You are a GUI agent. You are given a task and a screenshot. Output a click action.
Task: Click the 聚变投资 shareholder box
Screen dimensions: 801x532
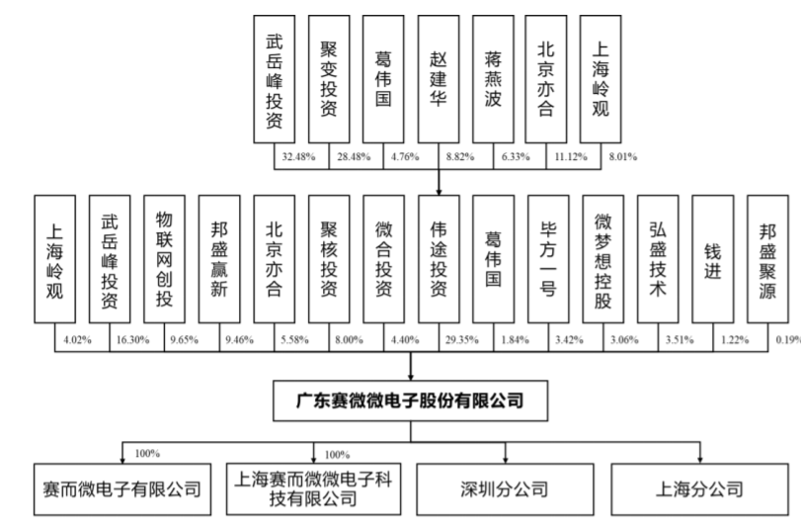329,79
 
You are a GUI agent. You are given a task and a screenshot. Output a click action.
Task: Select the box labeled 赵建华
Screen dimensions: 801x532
439,79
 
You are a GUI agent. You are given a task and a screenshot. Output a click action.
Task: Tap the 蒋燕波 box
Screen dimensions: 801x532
493,79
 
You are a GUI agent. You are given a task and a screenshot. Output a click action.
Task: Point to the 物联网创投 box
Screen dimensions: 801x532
164,259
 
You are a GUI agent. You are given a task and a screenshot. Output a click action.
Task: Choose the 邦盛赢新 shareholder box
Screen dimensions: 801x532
219,259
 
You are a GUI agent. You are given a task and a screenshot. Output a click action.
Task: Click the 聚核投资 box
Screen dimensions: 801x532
329,259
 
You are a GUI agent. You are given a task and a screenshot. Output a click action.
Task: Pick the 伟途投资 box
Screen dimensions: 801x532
439,259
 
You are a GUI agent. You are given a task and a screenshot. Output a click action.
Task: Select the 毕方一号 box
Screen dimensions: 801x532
548,259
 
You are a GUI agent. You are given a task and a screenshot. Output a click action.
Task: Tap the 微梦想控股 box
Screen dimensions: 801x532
602,259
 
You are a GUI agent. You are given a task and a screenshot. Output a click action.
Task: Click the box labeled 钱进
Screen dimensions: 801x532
713,259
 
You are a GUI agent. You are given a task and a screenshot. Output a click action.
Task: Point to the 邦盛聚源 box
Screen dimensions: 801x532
767,259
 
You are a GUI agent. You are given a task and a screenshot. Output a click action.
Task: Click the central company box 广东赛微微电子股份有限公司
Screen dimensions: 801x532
410,400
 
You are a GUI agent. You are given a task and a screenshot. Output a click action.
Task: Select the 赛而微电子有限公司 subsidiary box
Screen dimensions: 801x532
122,489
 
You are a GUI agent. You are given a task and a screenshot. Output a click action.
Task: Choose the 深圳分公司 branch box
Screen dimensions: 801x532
505,489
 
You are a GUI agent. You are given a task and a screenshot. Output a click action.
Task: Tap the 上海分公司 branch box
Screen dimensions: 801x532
699,489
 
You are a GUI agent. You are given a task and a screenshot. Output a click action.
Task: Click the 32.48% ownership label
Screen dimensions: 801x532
298,156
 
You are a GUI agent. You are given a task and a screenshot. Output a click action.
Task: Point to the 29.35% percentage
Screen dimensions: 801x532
462,339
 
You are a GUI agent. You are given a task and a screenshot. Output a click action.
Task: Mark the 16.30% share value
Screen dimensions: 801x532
132,339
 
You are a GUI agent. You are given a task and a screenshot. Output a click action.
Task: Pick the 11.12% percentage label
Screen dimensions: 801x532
571,156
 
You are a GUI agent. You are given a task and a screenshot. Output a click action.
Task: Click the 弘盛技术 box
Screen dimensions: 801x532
658,259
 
